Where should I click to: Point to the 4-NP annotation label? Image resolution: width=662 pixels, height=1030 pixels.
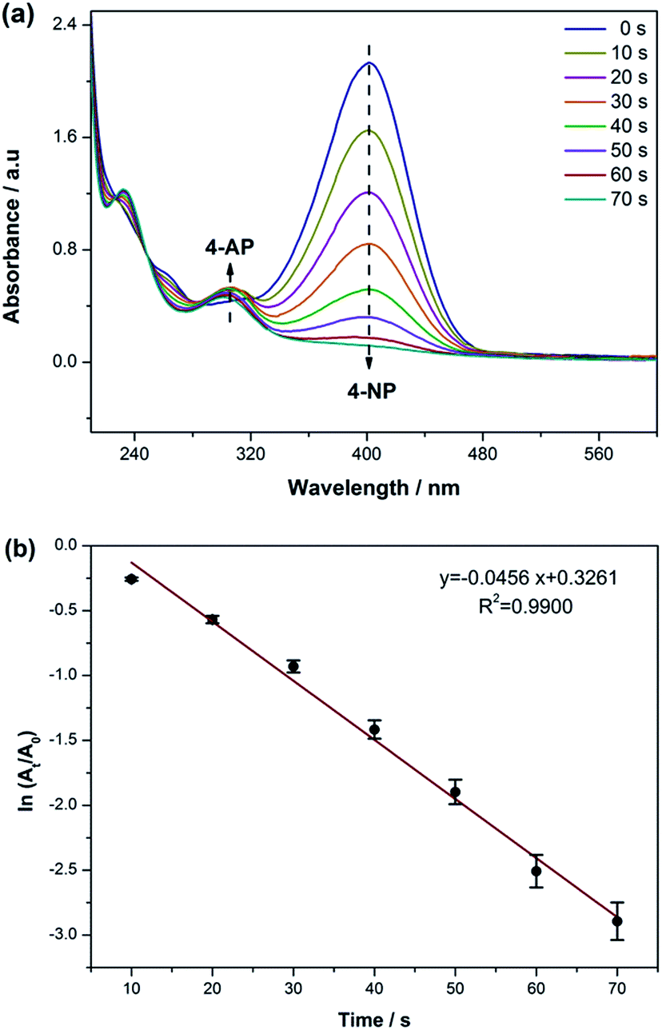tap(369, 392)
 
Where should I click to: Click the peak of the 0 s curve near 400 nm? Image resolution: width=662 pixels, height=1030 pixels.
tap(369, 62)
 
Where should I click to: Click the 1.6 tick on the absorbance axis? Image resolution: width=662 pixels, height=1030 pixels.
tap(66, 138)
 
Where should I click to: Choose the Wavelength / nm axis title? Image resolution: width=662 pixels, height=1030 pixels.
tap(373, 485)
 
